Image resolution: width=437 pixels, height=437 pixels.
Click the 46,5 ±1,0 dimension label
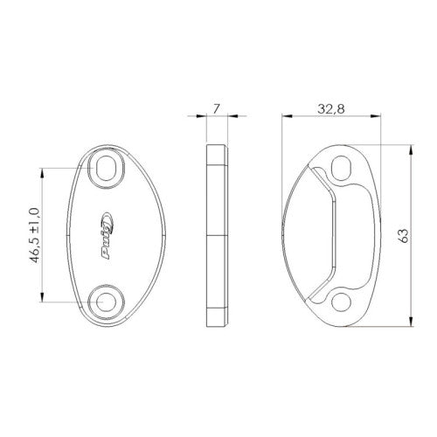(x=35, y=235)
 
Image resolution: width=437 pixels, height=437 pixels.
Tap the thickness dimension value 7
(x=216, y=109)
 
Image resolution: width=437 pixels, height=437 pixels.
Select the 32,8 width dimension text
(x=331, y=109)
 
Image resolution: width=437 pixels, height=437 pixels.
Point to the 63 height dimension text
(x=404, y=235)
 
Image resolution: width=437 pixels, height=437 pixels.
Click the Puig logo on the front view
(x=108, y=235)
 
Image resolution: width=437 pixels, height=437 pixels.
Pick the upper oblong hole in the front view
(x=106, y=168)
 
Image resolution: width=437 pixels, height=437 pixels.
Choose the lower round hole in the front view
(x=106, y=302)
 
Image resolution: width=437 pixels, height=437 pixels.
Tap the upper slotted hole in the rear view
(x=341, y=169)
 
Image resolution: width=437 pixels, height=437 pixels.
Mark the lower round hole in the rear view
(x=341, y=302)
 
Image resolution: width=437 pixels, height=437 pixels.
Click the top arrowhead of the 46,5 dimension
(x=43, y=173)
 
